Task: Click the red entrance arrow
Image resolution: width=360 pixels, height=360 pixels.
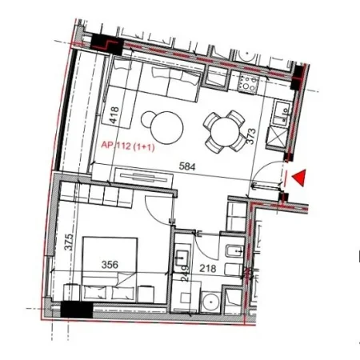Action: (299, 178)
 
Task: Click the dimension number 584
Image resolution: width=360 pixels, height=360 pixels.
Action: (186, 168)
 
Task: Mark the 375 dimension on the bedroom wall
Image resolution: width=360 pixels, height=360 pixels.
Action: (69, 242)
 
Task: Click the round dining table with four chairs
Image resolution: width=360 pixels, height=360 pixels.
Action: (223, 130)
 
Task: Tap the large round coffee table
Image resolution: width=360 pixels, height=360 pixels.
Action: (162, 125)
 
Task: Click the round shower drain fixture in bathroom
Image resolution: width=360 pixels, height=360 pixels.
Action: (210, 302)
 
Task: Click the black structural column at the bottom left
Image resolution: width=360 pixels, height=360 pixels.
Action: (78, 310)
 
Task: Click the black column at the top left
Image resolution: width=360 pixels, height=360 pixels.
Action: (103, 44)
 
